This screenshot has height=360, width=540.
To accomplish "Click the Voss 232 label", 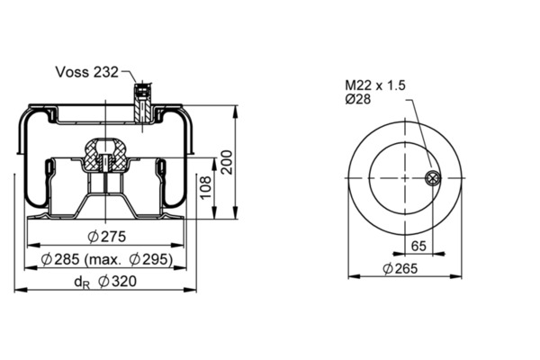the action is click(x=86, y=72).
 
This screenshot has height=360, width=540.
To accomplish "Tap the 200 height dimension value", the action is click(x=226, y=162).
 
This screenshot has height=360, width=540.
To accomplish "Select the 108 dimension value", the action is click(x=205, y=187).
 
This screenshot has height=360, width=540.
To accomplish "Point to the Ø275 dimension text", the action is click(x=107, y=237).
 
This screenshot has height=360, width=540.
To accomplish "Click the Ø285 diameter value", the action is click(x=60, y=259).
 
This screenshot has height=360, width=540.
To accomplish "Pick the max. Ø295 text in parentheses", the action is click(x=129, y=259).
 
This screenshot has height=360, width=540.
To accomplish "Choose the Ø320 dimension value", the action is click(x=117, y=282).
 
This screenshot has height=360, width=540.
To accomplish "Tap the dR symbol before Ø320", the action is click(x=82, y=283).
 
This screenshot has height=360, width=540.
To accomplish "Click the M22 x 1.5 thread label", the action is click(x=375, y=85).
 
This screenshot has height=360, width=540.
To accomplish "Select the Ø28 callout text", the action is click(x=358, y=99).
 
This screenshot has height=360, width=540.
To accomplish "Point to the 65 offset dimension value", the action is click(x=418, y=246).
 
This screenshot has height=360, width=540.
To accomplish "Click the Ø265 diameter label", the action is click(x=400, y=268).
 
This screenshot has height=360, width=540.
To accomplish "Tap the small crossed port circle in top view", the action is click(x=433, y=178).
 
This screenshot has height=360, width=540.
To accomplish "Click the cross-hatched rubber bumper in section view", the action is click(x=104, y=154).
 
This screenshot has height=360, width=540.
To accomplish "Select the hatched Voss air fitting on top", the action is click(x=142, y=103).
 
